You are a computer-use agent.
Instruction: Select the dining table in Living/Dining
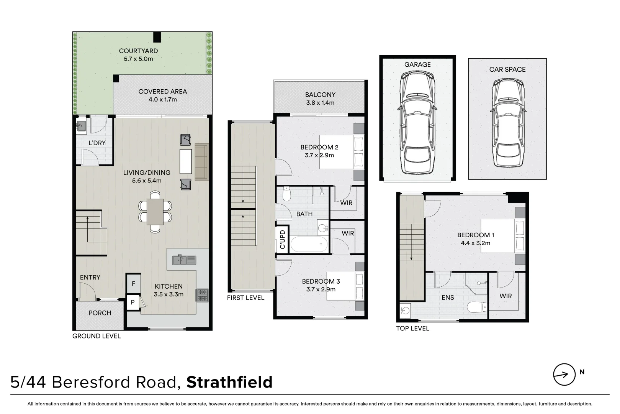click(155, 212)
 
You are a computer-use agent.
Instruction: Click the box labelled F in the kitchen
click(133, 284)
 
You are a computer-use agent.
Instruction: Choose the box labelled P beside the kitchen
click(133, 302)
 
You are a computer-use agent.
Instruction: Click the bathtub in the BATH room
click(309, 245)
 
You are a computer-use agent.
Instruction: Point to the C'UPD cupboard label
click(283, 240)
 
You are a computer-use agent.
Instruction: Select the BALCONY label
click(320, 94)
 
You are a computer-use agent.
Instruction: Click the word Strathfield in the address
click(229, 382)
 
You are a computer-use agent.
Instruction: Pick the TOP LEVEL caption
click(412, 328)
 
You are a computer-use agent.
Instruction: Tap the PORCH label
click(100, 313)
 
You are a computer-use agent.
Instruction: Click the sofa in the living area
click(201, 162)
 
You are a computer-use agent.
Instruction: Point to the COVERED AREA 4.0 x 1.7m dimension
click(163, 100)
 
